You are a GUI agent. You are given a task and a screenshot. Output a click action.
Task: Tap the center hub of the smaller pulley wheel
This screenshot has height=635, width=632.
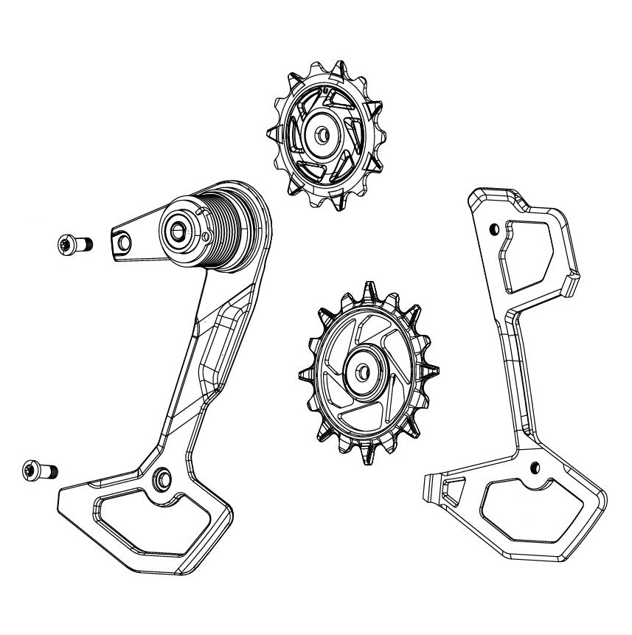click(323, 136)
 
